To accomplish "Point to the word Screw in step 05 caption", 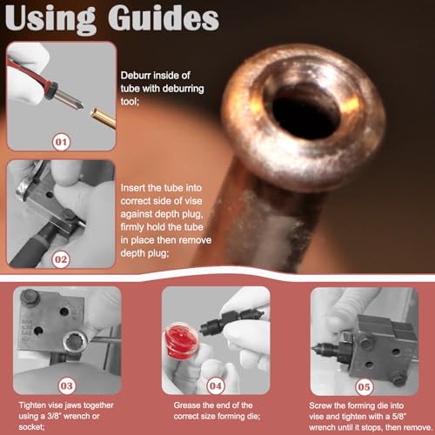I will tap(323, 405).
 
